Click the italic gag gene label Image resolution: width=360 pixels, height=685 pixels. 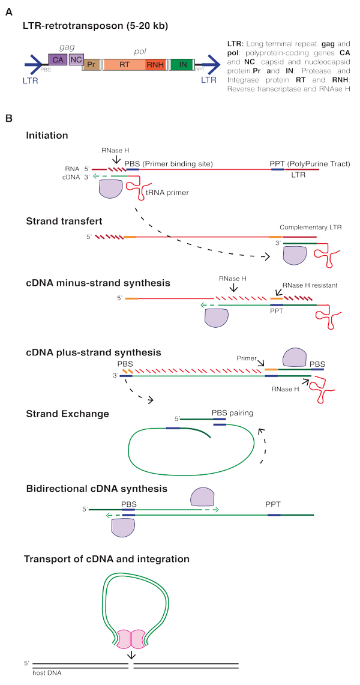[x=59, y=47]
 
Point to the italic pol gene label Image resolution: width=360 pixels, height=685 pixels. [x=140, y=52]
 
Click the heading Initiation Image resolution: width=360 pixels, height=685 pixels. [x=47, y=136]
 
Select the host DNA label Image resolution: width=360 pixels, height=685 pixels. [x=47, y=673]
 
